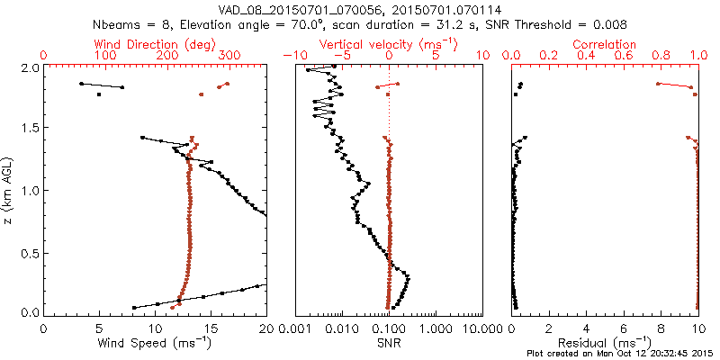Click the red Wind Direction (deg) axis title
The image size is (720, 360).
(x=155, y=44)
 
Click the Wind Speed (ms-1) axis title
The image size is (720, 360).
(x=155, y=342)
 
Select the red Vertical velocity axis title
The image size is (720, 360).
(x=388, y=44)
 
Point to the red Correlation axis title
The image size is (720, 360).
(x=605, y=44)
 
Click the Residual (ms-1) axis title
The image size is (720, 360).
(x=605, y=342)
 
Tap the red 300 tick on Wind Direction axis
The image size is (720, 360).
(x=229, y=56)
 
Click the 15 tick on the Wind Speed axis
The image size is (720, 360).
(x=211, y=329)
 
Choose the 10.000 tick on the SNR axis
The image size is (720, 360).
(x=480, y=329)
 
